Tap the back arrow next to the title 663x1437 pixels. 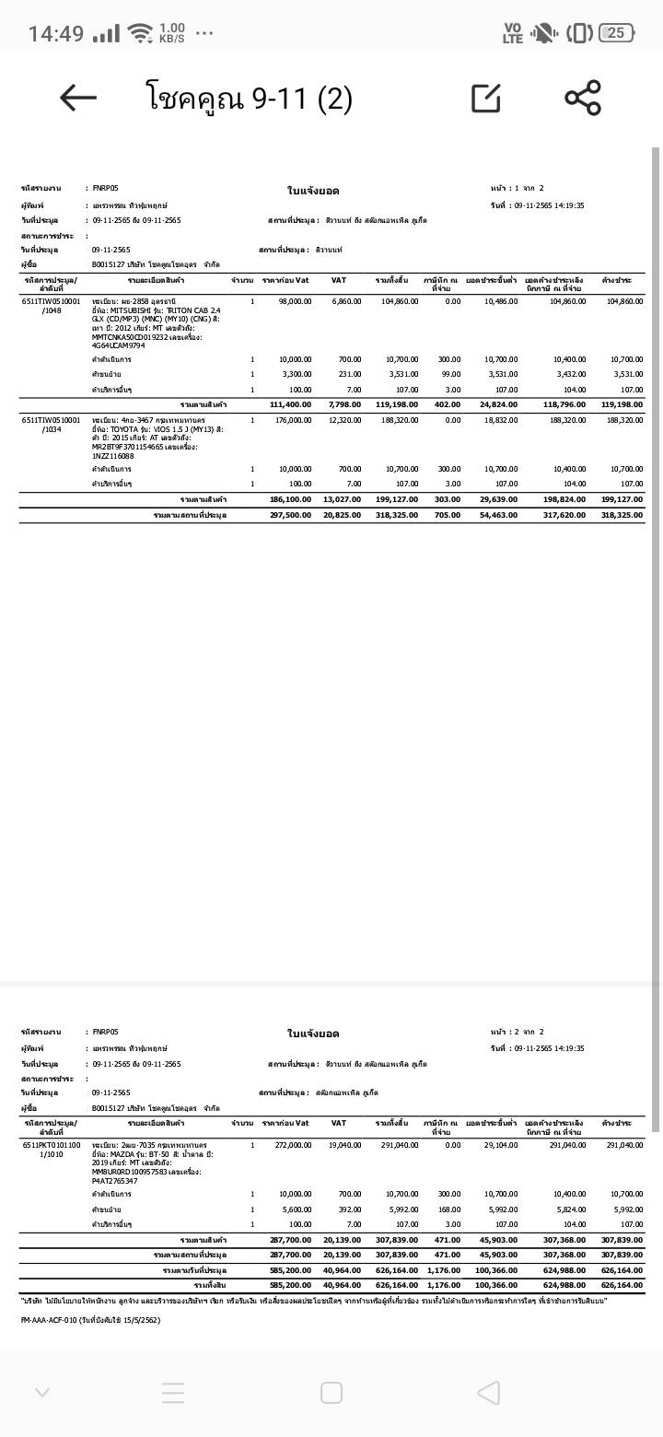(x=78, y=98)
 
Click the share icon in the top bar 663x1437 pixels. (x=582, y=98)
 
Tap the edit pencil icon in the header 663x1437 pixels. (x=486, y=98)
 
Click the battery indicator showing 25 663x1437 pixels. (x=616, y=33)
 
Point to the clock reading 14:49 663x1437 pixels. (x=56, y=34)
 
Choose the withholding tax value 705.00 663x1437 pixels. (x=447, y=515)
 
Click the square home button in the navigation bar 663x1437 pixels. (x=331, y=1392)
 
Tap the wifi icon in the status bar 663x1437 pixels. (x=140, y=33)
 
